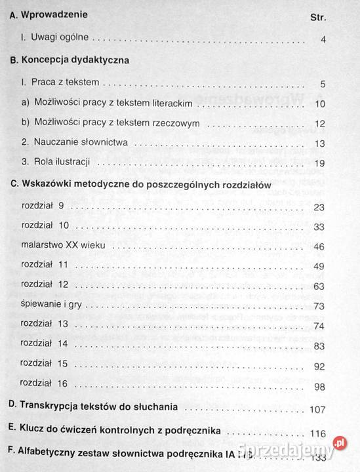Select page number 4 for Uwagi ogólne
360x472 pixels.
point(323,40)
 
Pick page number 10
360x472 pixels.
point(320,104)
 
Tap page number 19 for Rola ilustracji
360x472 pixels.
point(320,162)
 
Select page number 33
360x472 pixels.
point(319,227)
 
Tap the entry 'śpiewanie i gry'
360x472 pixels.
point(52,305)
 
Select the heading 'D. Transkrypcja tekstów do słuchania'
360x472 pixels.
point(92,407)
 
